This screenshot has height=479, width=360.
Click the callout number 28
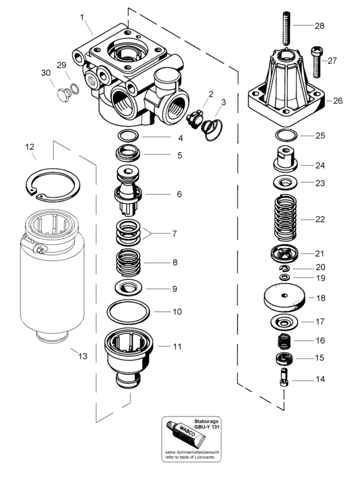click(x=319, y=26)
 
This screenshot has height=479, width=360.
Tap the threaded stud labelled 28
click(x=287, y=28)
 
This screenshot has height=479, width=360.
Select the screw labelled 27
click(x=316, y=61)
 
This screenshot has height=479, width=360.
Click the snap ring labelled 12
click(x=53, y=185)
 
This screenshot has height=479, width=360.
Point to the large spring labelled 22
click(x=286, y=217)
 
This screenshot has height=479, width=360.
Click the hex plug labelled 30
click(x=63, y=95)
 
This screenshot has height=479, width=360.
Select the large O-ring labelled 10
click(x=128, y=312)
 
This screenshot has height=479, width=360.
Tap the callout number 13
click(x=83, y=356)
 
